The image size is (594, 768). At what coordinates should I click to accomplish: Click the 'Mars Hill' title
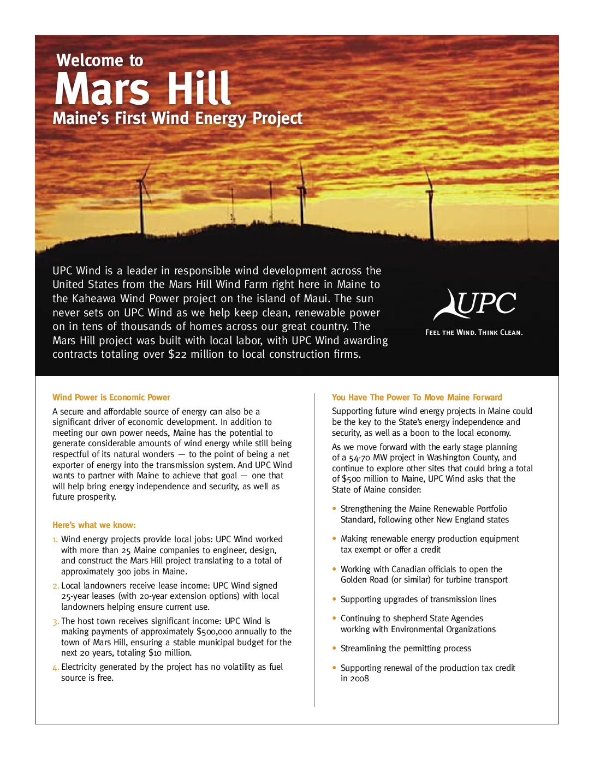click(142, 89)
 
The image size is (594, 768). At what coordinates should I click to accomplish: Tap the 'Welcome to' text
click(100, 60)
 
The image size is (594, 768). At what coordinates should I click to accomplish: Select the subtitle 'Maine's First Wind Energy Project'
click(177, 118)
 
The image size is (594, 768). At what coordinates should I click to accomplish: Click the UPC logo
click(474, 304)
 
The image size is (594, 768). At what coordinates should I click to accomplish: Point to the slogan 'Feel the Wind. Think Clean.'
click(474, 332)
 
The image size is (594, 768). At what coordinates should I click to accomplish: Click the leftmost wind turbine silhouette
click(143, 202)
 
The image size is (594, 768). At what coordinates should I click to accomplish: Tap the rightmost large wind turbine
click(430, 205)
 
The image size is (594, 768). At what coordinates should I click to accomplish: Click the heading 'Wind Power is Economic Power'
click(111, 397)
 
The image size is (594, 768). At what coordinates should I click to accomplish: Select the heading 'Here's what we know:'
click(94, 525)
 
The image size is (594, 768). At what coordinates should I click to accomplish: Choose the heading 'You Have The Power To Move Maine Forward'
click(417, 397)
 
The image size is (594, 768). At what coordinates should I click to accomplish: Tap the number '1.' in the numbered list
click(55, 540)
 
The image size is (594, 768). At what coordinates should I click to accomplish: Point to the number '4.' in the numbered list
click(56, 667)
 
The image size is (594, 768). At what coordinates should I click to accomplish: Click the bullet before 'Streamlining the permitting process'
click(334, 648)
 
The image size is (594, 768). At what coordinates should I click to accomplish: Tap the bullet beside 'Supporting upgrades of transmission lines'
click(334, 599)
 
